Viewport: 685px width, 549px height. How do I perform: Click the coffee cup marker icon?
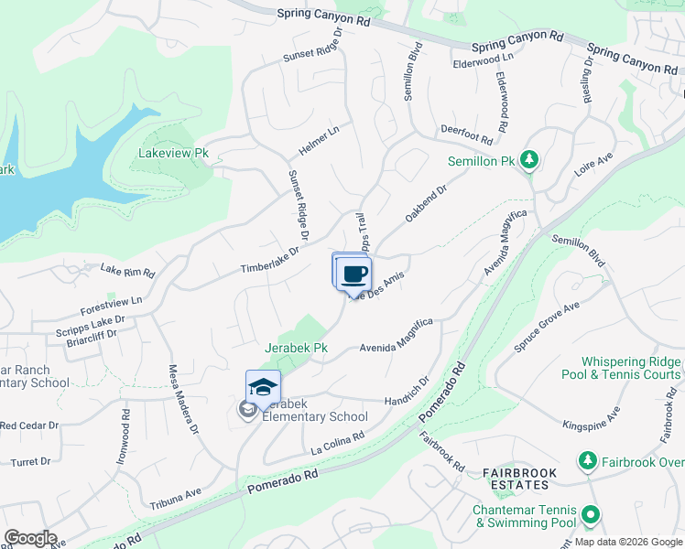coord(353,274)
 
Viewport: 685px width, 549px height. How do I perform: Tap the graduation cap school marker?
coord(263,387)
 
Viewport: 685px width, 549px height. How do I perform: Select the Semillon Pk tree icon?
coord(528,161)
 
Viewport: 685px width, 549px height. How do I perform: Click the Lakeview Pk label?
coord(174,154)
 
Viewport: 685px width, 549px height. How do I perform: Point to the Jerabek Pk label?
coord(296,349)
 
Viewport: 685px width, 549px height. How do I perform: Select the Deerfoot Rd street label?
coord(466,135)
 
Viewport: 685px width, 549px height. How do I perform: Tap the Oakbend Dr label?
coord(425,207)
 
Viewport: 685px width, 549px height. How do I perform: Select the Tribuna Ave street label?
coord(175,499)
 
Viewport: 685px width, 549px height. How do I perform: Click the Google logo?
coord(30,538)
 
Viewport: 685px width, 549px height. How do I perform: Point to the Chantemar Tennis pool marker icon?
coord(591,515)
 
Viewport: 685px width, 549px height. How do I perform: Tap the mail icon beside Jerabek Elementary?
coord(247,410)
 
